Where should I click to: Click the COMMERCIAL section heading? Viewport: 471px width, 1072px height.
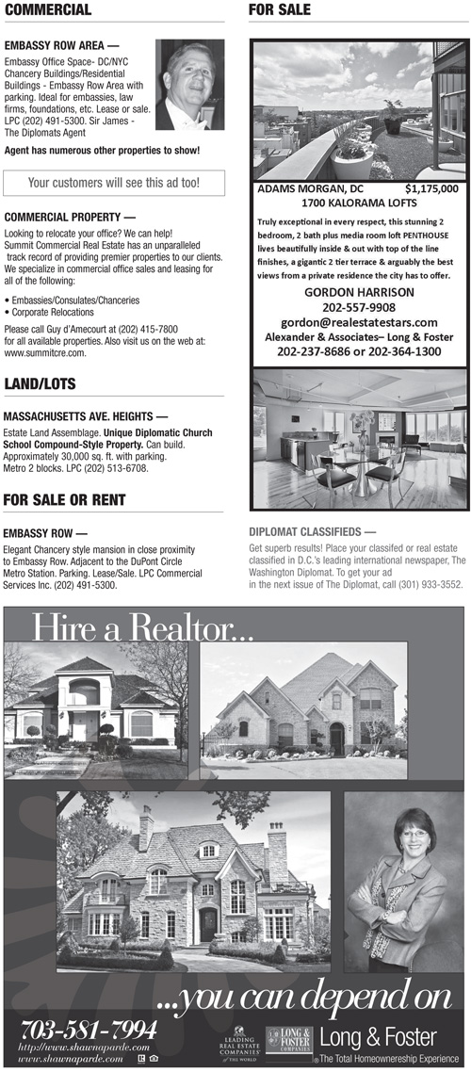[x=47, y=10]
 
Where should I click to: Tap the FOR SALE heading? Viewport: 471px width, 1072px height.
[x=279, y=10]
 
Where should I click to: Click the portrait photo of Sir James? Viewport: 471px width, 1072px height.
[x=189, y=85]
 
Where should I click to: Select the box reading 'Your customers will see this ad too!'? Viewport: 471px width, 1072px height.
[x=113, y=182]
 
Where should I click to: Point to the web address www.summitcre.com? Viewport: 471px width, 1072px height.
[x=45, y=353]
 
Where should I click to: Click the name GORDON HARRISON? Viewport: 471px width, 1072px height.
[x=359, y=293]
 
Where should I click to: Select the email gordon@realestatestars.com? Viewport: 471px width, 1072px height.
[x=359, y=322]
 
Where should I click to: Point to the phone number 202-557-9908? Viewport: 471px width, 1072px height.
[x=359, y=307]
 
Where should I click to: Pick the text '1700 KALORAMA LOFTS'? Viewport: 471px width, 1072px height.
[x=359, y=202]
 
